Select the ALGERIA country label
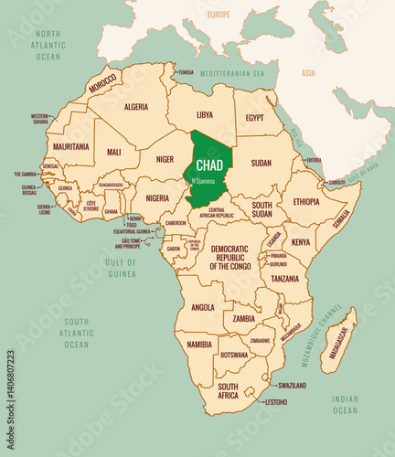click(135, 106)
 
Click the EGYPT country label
click(255, 118)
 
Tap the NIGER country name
click(165, 158)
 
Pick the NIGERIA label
click(157, 197)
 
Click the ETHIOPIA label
click(305, 201)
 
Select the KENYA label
click(301, 242)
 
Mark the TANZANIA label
click(284, 278)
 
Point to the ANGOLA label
click(203, 307)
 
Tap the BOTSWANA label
click(235, 355)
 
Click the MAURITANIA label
click(71, 146)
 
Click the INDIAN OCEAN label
click(345, 405)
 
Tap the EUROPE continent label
click(219, 15)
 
